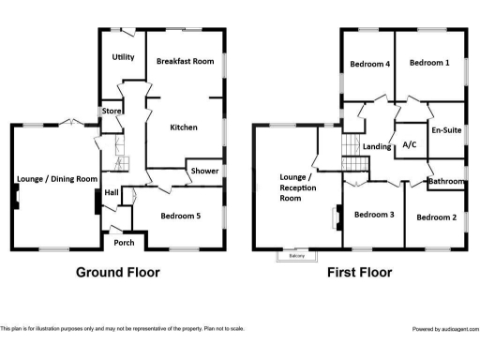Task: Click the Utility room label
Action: pos(124,57)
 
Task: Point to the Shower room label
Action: pos(204,172)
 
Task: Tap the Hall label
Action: pos(112,192)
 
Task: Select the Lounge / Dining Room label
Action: pos(57,178)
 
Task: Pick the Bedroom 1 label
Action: pos(429,63)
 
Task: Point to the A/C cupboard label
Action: pos(409,145)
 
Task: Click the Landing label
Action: pos(377,146)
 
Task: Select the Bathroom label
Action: pos(447,180)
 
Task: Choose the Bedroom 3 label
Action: pos(373,215)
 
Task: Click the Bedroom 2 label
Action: pos(436,217)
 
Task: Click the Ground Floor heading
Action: pos(118,273)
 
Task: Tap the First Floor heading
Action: pos(359,273)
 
